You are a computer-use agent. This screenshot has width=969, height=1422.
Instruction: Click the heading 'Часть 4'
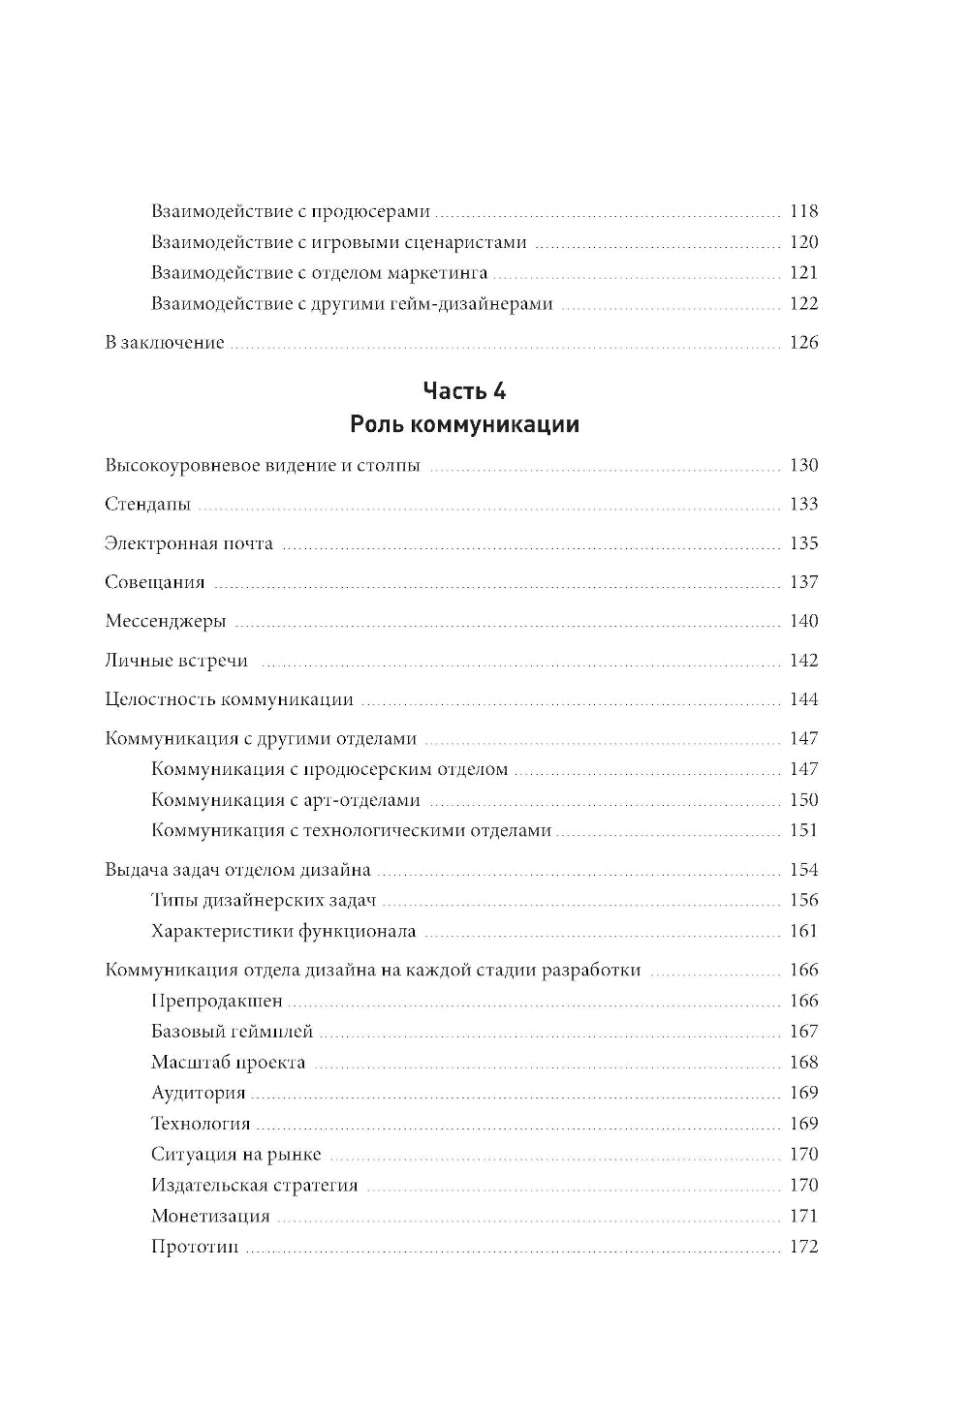[464, 391]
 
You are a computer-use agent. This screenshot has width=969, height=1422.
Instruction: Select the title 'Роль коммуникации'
[464, 425]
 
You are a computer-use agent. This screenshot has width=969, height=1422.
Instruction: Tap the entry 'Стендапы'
[147, 505]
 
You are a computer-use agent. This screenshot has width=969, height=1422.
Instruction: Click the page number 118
[803, 211]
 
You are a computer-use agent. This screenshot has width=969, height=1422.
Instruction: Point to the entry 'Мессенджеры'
[165, 622]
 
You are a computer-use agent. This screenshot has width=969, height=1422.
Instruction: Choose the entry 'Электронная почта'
[188, 543]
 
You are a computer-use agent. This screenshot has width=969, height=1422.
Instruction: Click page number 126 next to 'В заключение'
[803, 342]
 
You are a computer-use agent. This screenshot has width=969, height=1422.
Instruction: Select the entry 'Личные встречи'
[175, 661]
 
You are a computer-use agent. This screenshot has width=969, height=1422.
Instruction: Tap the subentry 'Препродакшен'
[216, 1001]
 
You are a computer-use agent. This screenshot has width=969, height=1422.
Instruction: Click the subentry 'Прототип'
[194, 1247]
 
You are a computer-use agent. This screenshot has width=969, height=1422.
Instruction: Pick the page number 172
[803, 1247]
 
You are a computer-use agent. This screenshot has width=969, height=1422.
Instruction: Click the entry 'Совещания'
[154, 582]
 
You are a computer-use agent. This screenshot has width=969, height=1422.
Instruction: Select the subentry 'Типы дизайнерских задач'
[263, 900]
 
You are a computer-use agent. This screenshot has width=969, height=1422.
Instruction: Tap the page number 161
[803, 931]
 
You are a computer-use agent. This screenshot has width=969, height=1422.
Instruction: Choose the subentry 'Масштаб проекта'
[228, 1063]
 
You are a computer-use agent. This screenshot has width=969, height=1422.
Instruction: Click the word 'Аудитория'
[198, 1093]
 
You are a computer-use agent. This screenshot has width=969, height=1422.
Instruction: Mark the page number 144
[803, 699]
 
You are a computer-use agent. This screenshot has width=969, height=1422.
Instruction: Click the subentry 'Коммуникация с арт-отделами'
[286, 800]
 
